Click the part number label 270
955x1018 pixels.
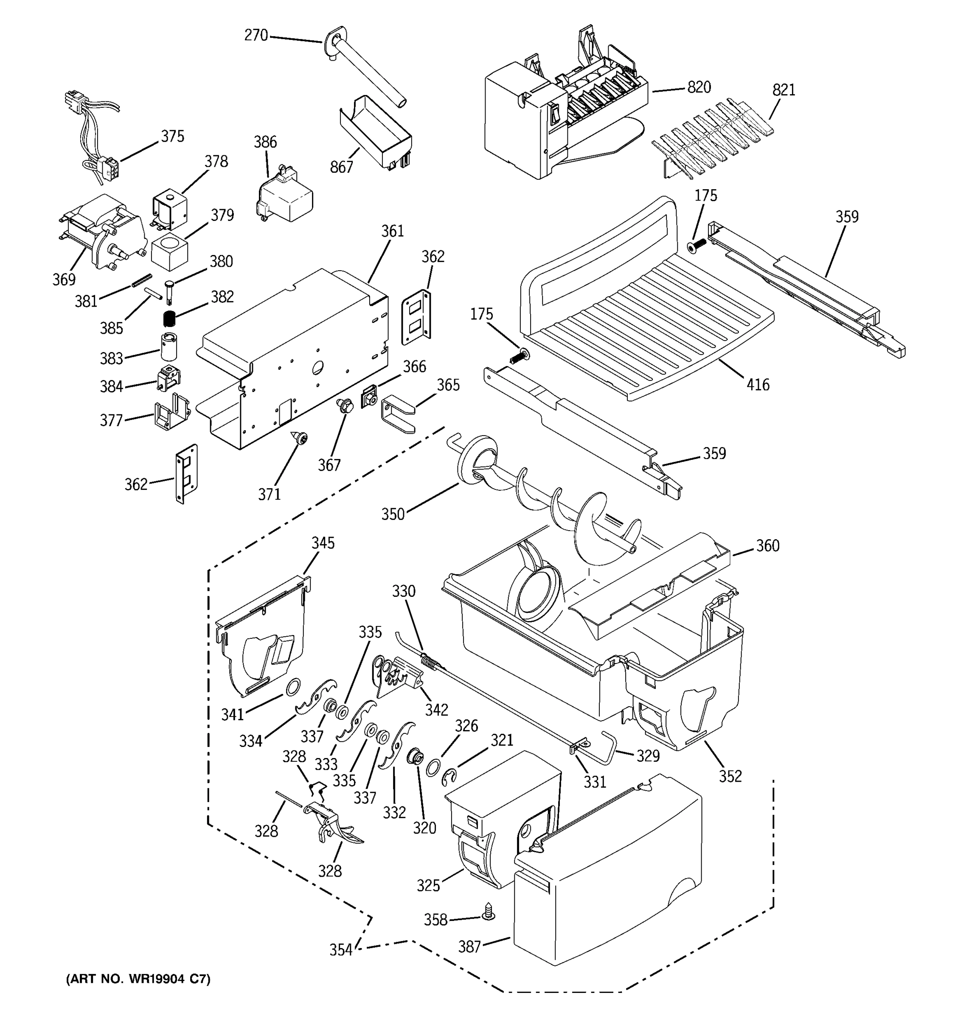pyautogui.click(x=256, y=35)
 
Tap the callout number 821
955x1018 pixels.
pyautogui.click(x=784, y=90)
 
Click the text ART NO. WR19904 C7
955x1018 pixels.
pyautogui.click(x=138, y=979)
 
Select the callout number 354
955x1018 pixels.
pyautogui.click(x=341, y=950)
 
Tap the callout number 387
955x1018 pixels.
pyautogui.click(x=469, y=947)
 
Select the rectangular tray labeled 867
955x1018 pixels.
pyautogui.click(x=376, y=131)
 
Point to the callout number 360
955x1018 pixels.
pyautogui.click(x=767, y=545)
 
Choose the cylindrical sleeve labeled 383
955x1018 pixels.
pyautogui.click(x=168, y=347)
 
